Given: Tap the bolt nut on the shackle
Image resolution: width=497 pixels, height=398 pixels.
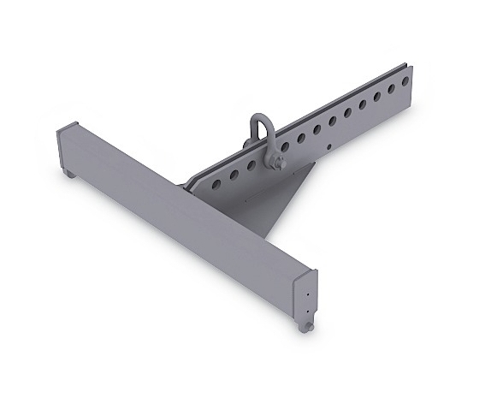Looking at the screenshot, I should click(280, 158).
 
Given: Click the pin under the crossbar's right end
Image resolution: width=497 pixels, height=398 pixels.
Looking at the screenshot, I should click(306, 328).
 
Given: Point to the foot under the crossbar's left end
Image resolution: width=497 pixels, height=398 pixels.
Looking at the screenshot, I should click(65, 176).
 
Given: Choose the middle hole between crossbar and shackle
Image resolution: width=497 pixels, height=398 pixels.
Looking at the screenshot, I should click(232, 172).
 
